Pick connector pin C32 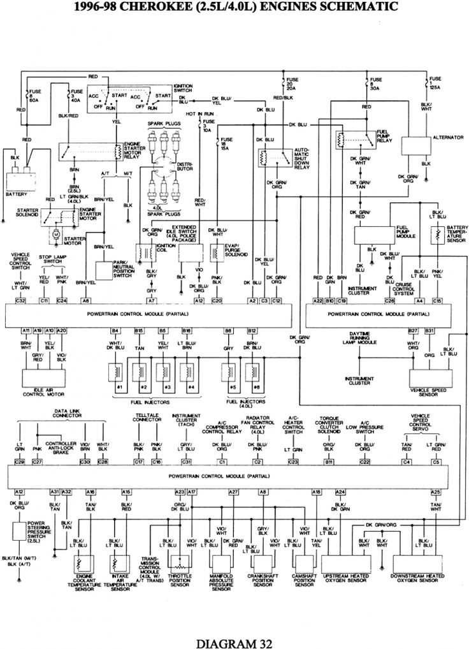[20, 300]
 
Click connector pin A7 [151, 300]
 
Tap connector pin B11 [329, 461]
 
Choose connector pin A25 [436, 492]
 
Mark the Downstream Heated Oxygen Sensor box [417, 564]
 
